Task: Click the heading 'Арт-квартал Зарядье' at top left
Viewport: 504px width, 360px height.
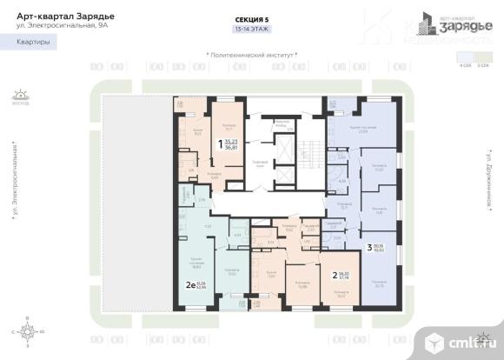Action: coord(59,15)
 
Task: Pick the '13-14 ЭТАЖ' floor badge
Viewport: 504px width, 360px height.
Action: coord(251,28)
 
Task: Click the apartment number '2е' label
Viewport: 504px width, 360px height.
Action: coord(189,284)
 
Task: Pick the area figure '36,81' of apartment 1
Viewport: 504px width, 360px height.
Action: coord(230,150)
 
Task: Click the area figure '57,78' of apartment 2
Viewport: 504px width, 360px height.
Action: coord(343,281)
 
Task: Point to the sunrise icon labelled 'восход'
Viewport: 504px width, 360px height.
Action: coord(20,95)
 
